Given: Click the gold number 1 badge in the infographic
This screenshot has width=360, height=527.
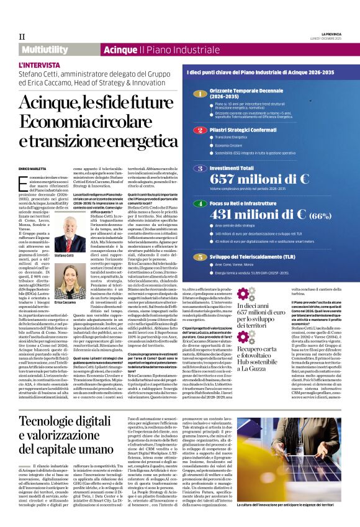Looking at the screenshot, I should coord(199,94).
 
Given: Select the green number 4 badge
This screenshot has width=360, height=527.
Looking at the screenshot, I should coord(199,203).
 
